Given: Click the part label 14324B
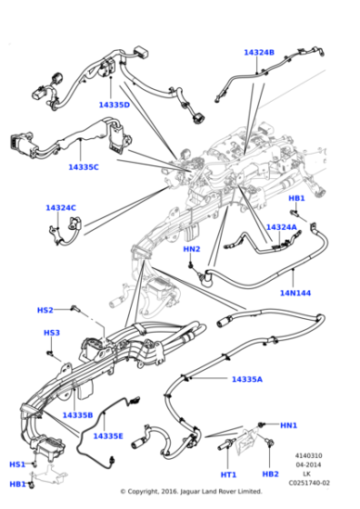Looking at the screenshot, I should click(258, 53).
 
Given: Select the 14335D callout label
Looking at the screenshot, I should click(115, 105).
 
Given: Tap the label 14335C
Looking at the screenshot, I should click(84, 167).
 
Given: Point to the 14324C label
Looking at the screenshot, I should click(61, 208).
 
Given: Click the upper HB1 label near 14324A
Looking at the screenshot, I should click(296, 198).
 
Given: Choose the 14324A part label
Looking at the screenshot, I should click(281, 227).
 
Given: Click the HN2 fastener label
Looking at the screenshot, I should click(192, 249).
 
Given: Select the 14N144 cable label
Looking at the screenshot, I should click(295, 294).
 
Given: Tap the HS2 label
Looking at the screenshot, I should click(45, 310).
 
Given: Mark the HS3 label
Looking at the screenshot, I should click(52, 333).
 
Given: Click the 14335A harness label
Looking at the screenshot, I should click(246, 379).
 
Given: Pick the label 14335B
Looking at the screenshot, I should click(77, 414).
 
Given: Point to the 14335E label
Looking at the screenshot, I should click(108, 436).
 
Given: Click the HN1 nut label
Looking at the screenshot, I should click(288, 424).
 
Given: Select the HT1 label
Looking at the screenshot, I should click(228, 474).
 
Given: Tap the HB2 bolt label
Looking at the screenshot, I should click(270, 474).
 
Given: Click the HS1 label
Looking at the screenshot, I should click(17, 464).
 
